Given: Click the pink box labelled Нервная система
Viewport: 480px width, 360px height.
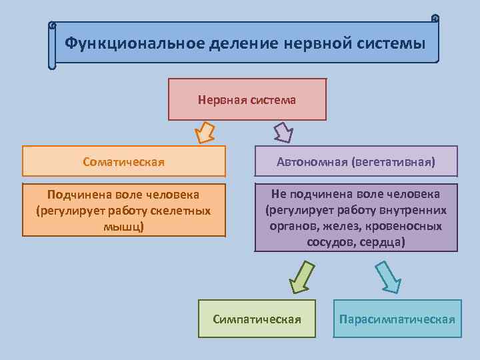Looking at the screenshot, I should [x=247, y=99].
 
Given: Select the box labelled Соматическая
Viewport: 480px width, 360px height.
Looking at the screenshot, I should [x=124, y=161].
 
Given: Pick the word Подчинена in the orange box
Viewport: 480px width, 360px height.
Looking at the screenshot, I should [x=79, y=195].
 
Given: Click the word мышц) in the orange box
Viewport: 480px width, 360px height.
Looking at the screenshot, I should [x=124, y=226].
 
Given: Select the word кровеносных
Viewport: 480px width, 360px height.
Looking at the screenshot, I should [x=407, y=225].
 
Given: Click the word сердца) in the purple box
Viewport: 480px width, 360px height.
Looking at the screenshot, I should [x=382, y=241].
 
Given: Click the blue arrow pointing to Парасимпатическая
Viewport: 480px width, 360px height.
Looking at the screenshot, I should [x=387, y=277].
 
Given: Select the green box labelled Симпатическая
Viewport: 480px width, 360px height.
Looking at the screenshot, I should [x=257, y=319].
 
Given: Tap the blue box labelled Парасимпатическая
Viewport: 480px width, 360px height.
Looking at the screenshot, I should [x=397, y=319].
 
